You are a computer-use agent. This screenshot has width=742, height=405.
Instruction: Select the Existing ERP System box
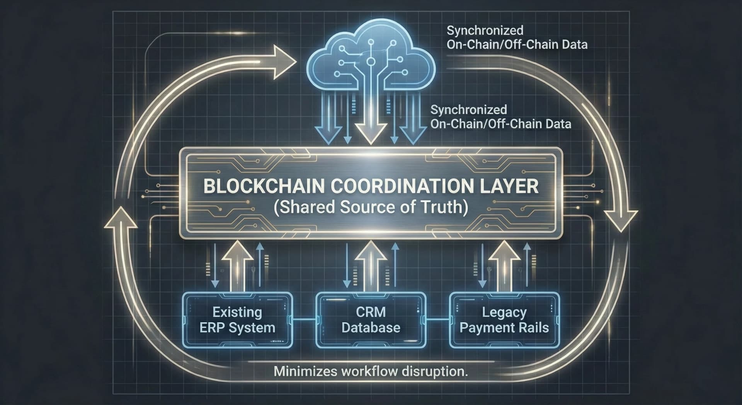point(237,320)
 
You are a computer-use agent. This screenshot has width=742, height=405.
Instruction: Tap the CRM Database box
point(371,320)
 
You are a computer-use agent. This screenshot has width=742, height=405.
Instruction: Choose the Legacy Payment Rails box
point(504,320)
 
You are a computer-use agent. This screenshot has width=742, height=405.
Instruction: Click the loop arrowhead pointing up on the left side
point(121,219)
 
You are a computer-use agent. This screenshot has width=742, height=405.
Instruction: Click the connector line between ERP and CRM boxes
point(304,320)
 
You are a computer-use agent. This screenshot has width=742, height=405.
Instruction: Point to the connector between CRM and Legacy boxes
point(437,320)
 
